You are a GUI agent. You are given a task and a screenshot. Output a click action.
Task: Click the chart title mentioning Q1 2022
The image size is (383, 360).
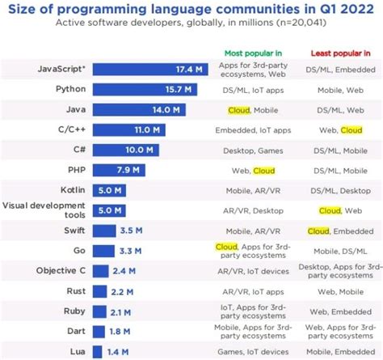pyautogui.click(x=191, y=9)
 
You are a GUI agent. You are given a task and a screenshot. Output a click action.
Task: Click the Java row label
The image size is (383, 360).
pyautogui.click(x=69, y=108)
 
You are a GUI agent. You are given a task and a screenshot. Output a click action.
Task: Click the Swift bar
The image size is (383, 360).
pyautogui.click(x=103, y=230)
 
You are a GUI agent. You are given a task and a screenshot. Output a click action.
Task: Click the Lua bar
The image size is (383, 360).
pyautogui.click(x=97, y=351)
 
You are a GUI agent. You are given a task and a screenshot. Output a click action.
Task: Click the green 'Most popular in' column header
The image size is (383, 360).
pyautogui.click(x=252, y=53)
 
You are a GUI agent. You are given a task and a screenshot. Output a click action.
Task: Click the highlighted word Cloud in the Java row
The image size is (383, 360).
pyautogui.click(x=237, y=108)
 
